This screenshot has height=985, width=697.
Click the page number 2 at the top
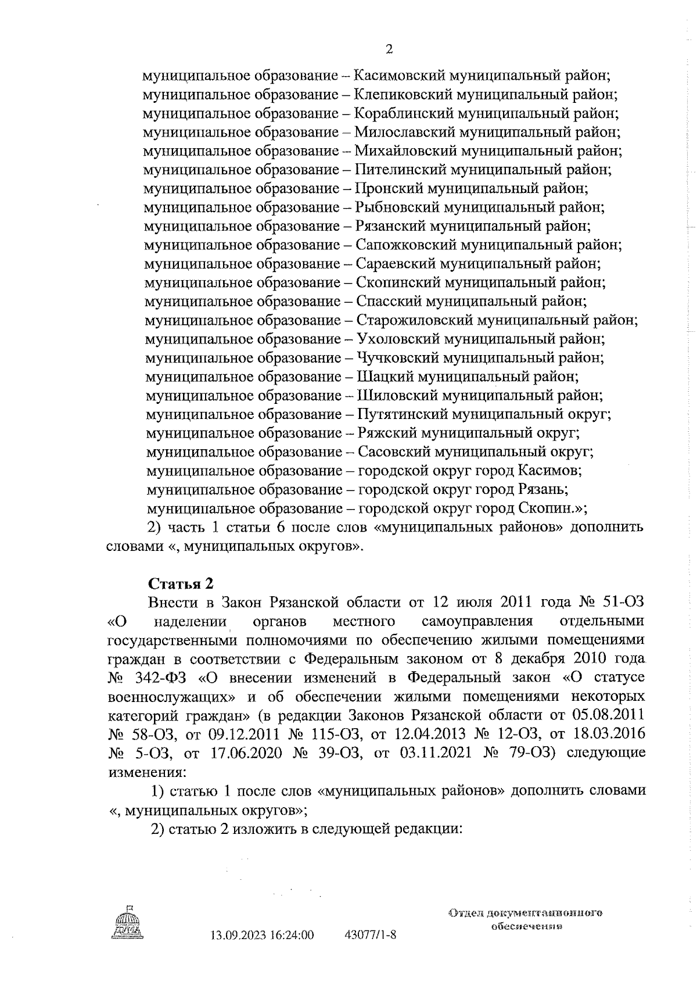(389, 49)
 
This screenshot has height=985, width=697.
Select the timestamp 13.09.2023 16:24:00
(262, 936)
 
